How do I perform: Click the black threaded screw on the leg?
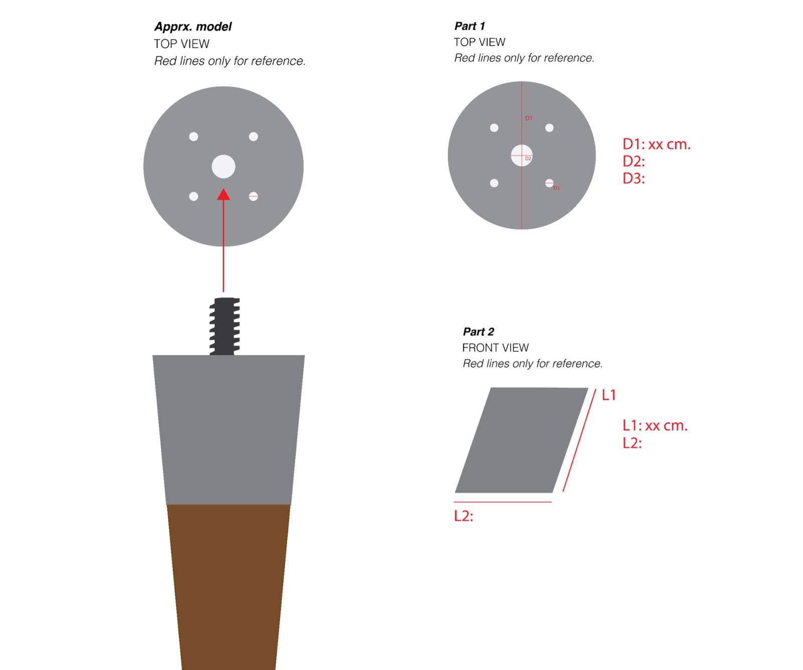point(224,326)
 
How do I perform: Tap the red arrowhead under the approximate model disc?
point(223,195)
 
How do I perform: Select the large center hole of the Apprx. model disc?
point(223,167)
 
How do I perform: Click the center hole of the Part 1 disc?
point(521,155)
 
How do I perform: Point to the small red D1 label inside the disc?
point(528,118)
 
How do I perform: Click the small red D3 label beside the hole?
point(556,188)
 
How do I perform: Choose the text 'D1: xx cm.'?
point(656,145)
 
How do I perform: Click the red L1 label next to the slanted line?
point(608,395)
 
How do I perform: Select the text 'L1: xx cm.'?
point(654,426)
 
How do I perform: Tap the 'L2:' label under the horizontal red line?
point(463,516)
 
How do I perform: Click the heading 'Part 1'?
point(469,26)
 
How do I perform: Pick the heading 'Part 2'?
point(478,332)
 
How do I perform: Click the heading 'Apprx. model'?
point(193,27)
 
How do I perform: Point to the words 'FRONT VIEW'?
point(495,348)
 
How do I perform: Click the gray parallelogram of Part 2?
point(521,440)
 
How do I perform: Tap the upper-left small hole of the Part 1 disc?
point(494,128)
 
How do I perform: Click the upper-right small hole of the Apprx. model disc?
point(253,137)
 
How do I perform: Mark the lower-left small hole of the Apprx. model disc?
point(193,197)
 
